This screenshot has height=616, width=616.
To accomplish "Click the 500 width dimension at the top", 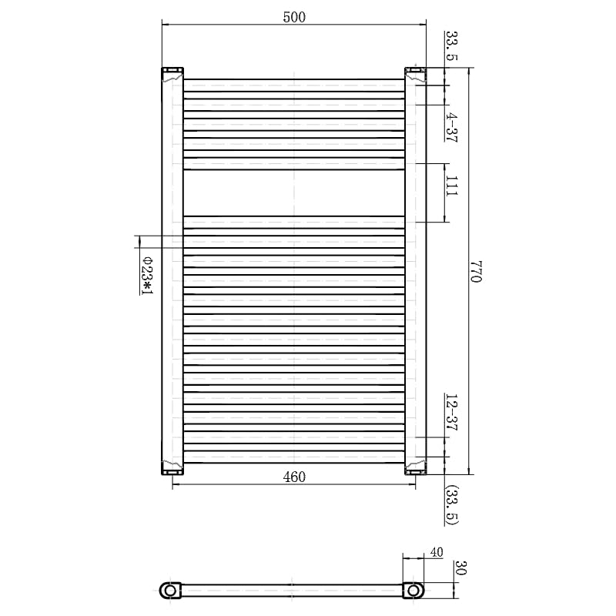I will [294, 18].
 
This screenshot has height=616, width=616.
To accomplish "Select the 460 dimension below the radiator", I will [294, 477].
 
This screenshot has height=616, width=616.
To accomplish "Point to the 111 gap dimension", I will [452, 186].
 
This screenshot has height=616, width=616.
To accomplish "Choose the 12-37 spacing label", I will [452, 413].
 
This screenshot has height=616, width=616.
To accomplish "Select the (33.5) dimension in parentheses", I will [452, 505].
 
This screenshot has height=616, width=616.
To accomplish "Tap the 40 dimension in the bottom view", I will [437, 552].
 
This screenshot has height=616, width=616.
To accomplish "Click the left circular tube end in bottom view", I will [170, 590].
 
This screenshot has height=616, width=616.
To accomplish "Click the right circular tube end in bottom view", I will [415, 590].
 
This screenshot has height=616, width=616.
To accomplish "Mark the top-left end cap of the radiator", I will [172, 74].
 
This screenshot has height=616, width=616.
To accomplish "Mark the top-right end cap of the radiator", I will [416, 74].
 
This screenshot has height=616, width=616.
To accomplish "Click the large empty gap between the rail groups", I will [294, 192].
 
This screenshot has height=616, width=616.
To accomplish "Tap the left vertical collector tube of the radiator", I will [172, 269].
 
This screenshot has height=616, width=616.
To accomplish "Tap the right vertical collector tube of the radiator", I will [416, 269].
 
